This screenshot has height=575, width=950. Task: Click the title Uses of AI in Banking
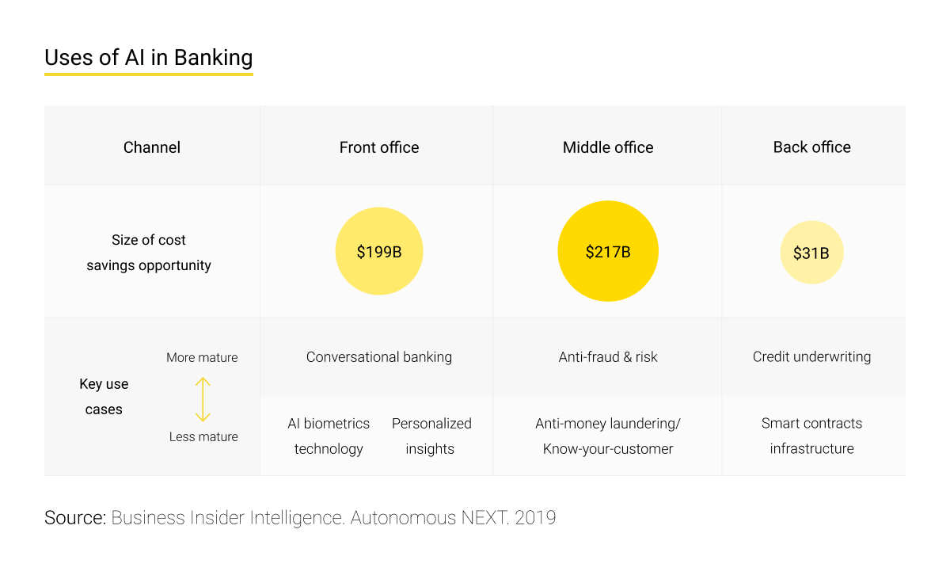tap(149, 58)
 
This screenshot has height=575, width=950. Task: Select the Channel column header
tap(152, 147)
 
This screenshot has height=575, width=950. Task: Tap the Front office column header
tap(379, 147)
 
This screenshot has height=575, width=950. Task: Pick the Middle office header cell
tap(608, 147)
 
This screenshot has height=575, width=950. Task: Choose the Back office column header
tap(812, 147)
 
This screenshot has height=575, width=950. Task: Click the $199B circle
tap(379, 252)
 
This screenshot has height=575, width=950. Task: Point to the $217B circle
tap(608, 252)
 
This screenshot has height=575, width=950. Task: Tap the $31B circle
tap(811, 253)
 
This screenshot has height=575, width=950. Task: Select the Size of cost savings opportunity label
tap(149, 253)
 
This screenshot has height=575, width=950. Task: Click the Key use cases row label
tap(104, 397)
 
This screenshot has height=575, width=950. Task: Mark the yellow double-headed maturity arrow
tap(203, 398)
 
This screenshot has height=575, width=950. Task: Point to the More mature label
tap(202, 358)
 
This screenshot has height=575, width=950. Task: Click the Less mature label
tap(203, 437)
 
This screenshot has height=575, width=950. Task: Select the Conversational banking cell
tap(379, 357)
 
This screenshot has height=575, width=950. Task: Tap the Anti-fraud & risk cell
tap(608, 357)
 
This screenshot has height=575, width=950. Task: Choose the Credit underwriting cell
tap(811, 357)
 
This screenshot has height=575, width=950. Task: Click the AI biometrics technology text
tap(329, 436)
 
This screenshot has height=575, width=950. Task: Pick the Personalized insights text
tap(431, 436)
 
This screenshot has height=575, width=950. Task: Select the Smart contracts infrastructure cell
tap(811, 436)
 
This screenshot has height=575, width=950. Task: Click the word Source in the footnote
tap(74, 518)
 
